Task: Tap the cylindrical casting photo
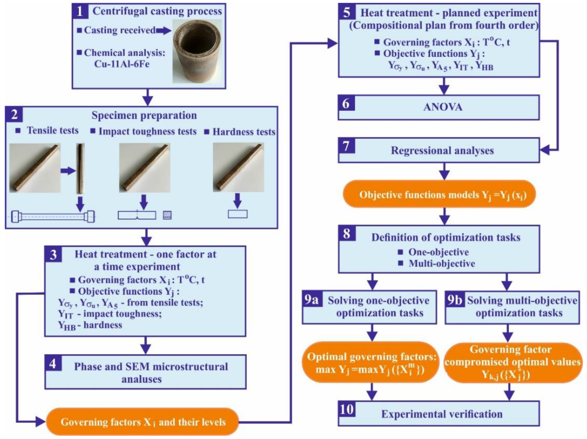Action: pyautogui.click(x=197, y=51)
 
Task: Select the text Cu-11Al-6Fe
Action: pyautogui.click(x=122, y=64)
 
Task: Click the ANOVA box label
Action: pyautogui.click(x=443, y=107)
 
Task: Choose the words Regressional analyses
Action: pyautogui.click(x=442, y=151)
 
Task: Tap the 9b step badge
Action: pyautogui.click(x=454, y=300)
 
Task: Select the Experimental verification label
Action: pyautogui.click(x=442, y=414)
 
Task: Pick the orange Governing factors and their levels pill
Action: pyautogui.click(x=143, y=422)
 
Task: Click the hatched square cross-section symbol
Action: pyautogui.click(x=167, y=215)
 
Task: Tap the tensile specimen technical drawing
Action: pyautogui.click(x=53, y=216)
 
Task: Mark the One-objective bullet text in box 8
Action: pyautogui.click(x=438, y=252)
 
